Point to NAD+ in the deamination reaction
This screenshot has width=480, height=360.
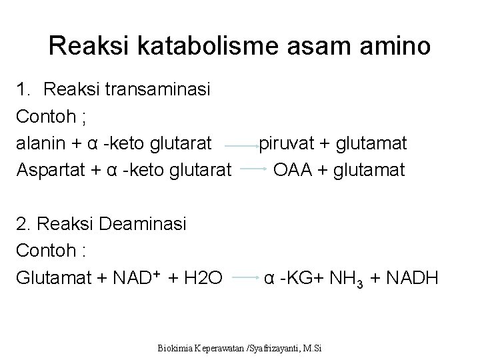137,277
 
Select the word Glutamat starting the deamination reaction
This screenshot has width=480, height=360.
50,277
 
